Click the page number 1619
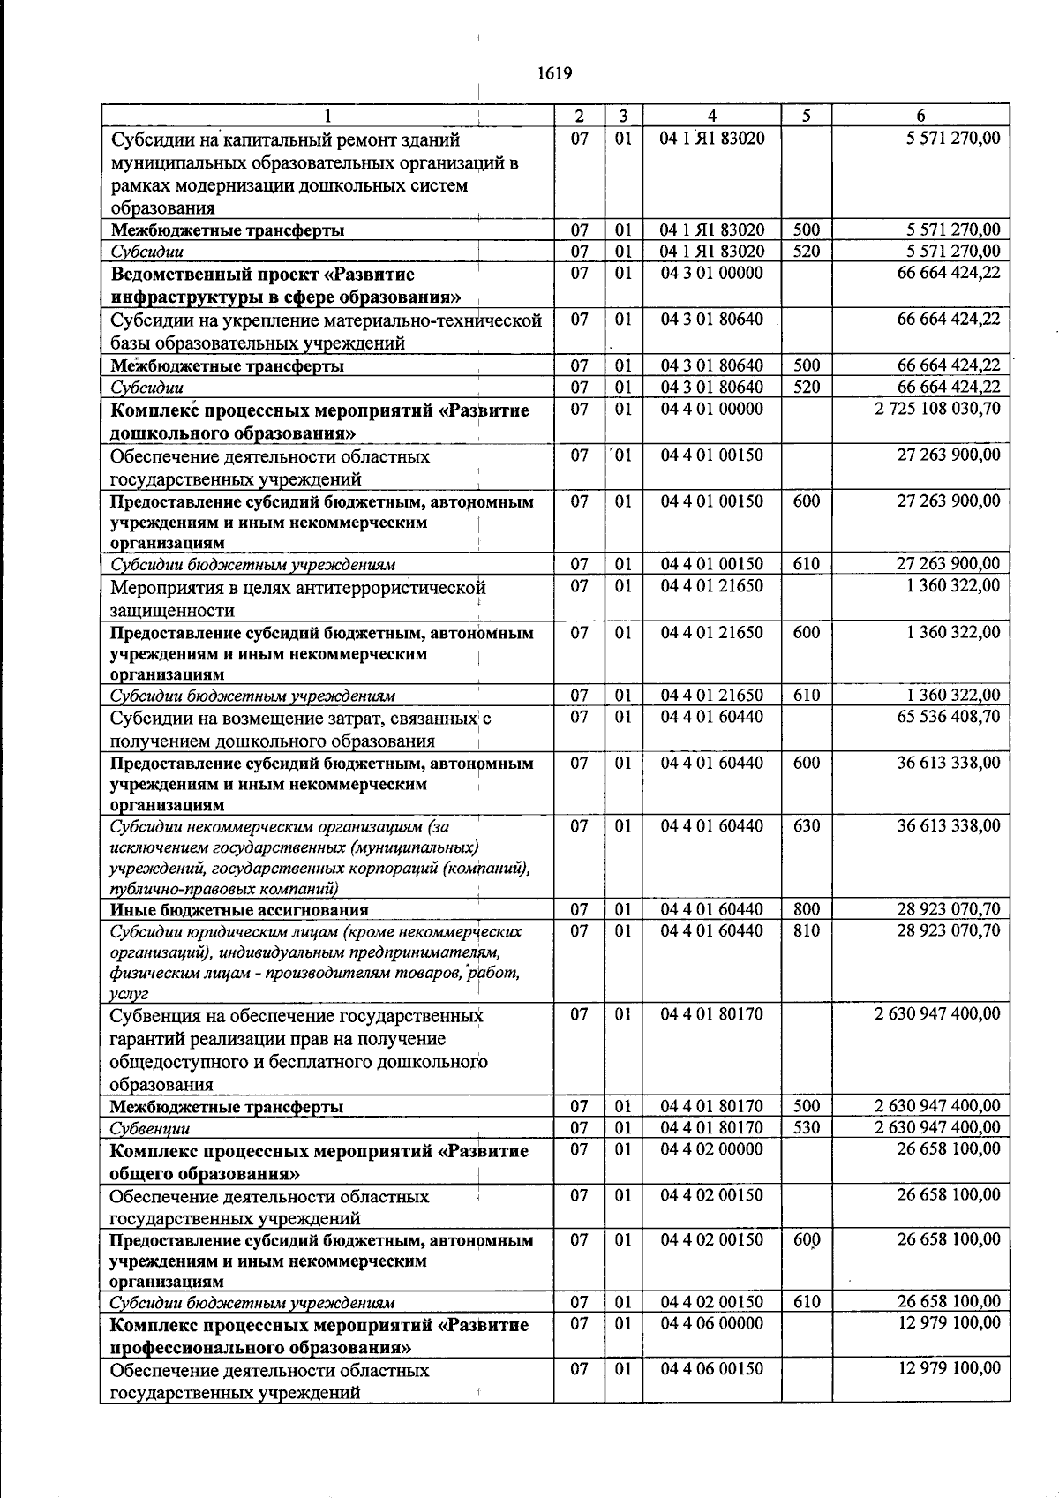pos(554,73)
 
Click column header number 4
pos(711,116)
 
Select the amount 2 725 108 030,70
pos(937,409)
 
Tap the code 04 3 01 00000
pos(711,273)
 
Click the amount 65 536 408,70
pos(949,716)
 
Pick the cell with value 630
pos(807,826)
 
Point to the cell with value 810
pos(807,930)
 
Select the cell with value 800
pos(807,909)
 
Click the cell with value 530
pos(807,1127)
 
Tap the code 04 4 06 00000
pos(711,1323)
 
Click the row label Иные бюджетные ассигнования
pos(239,910)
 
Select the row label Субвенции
pos(150,1128)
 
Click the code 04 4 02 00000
pos(711,1149)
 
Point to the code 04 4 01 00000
pos(711,409)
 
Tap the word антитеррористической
pos(401,588)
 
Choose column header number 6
pos(920,116)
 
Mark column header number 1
pos(327,116)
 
